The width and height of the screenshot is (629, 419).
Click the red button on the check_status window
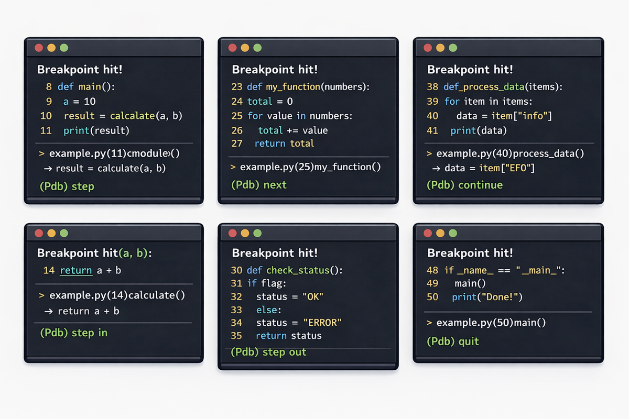pos(233,233)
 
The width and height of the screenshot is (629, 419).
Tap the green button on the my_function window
pos(257,48)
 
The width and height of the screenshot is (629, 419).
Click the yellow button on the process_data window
pos(440,48)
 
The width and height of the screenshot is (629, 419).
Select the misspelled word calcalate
pos(132,116)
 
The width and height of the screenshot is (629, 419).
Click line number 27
pos(237,144)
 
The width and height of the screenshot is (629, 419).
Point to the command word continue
pos(481,185)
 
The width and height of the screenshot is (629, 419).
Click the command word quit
pos(469,341)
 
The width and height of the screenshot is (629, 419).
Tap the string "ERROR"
pos(322,323)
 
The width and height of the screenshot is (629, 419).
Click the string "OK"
pos(313,296)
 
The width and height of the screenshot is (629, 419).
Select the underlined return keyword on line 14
pos(76,271)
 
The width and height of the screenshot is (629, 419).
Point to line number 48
pos(432,270)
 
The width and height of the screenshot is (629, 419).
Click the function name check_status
pos(298,270)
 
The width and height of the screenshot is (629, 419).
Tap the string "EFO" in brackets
pos(518,168)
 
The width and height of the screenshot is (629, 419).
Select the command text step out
pos(284,352)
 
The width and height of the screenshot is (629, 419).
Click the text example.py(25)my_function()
pos(310,167)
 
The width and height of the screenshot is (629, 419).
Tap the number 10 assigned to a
pos(90,101)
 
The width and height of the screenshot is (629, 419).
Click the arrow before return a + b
pos(48,311)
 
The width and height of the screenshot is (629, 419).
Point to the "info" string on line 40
pos(532,116)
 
